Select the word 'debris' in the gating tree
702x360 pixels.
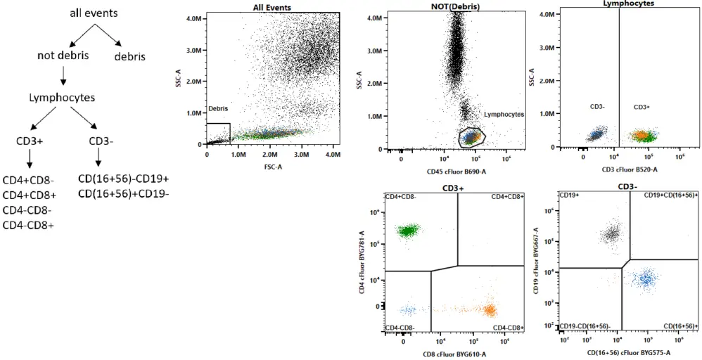[130, 56]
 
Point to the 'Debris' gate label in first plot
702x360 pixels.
[217, 109]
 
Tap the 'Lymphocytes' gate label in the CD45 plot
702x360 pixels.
[503, 114]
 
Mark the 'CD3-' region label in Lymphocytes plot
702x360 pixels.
[598, 107]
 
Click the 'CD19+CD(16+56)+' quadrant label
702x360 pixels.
[670, 195]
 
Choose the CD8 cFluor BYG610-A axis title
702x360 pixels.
[455, 354]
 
